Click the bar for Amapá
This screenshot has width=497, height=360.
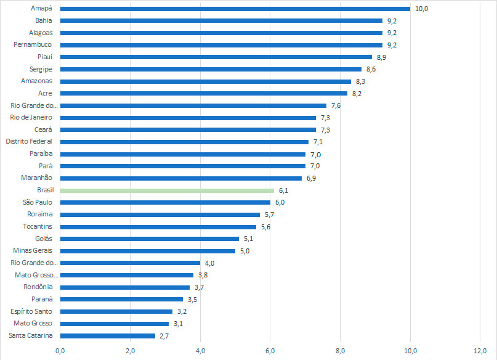pos(235,9)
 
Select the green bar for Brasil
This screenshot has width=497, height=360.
pos(167,190)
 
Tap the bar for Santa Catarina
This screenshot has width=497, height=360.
pos(108,336)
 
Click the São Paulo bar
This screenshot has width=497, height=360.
pos(165,202)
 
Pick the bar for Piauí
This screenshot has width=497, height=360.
pos(216,57)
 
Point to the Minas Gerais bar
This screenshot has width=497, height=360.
pos(148,251)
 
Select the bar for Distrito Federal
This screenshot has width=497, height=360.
pos(185,142)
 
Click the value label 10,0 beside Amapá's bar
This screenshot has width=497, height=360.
pos(422,9)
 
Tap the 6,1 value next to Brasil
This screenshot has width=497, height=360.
pos(283,190)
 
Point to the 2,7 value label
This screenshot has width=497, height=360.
pos(164,336)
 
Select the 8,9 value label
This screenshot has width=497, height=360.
pos(381,57)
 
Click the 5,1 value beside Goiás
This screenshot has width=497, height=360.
pos(248,239)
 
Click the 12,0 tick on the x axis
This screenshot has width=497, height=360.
pos(480,351)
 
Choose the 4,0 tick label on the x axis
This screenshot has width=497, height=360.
pos(200,351)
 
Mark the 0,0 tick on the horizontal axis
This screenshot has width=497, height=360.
pos(60,351)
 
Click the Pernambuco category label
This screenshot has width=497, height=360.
pos(33,45)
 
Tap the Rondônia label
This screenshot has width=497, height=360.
pos(38,287)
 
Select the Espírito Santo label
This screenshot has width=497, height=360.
pos(31,311)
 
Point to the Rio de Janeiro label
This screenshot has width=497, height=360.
pos(31,117)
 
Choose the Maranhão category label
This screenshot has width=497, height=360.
pos(37,178)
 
